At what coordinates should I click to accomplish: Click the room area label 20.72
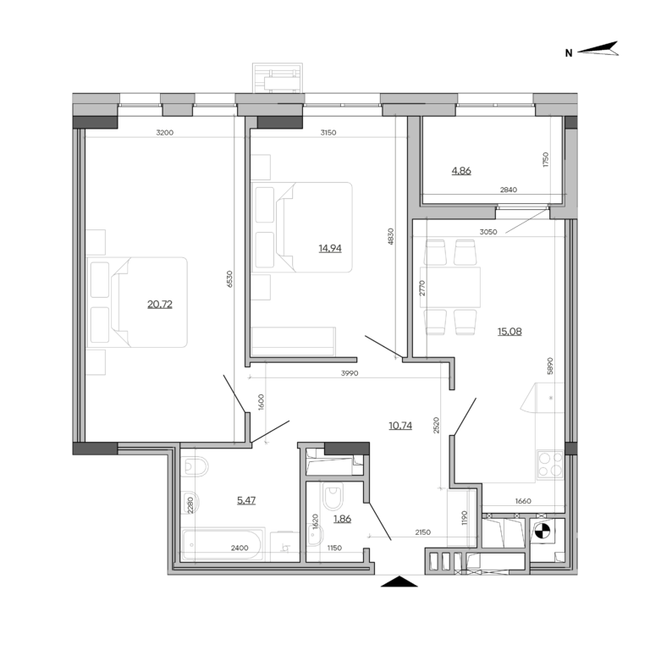coord(160,304)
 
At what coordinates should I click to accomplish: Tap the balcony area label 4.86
coord(461,170)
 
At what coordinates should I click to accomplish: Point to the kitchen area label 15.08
coord(510,331)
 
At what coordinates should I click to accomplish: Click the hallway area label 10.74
coord(400,425)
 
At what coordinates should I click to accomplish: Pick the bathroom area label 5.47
coord(246,500)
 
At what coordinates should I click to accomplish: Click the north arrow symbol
coord(600,50)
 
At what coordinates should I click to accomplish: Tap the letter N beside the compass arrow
coord(569,53)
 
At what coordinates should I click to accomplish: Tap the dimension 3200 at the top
coord(165,132)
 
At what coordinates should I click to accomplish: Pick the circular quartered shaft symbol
coord(542,532)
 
